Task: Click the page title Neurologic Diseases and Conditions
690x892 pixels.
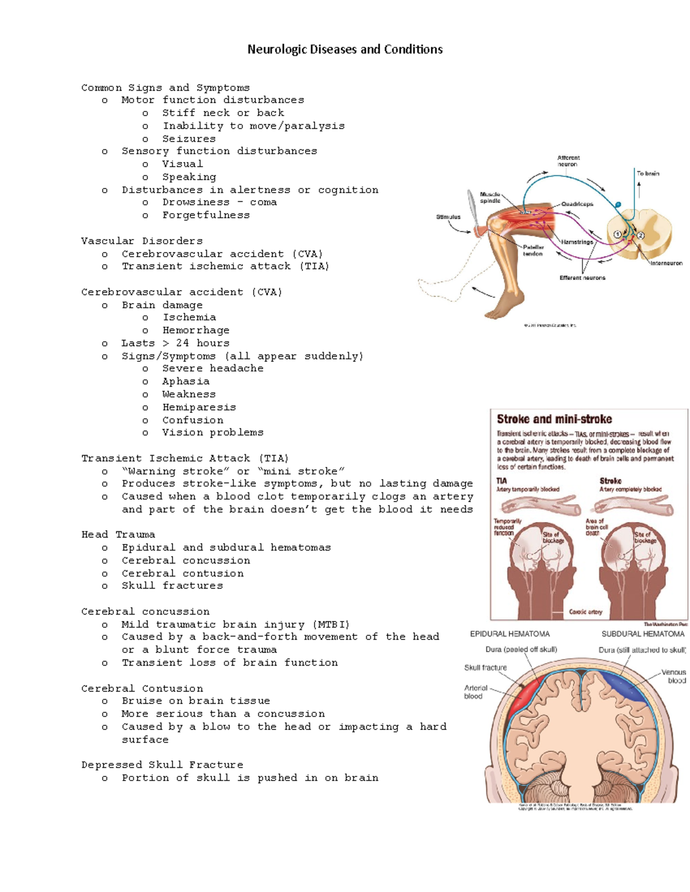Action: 345,49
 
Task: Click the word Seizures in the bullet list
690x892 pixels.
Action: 189,139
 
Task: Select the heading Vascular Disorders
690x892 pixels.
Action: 141,241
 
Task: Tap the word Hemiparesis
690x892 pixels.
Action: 199,407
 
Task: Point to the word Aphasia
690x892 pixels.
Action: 186,382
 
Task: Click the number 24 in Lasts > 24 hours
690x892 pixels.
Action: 182,343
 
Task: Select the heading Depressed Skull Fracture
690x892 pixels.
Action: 162,765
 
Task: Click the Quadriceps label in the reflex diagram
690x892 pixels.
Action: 577,204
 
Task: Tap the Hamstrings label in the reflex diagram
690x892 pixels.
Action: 577,242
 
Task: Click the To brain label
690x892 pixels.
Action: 647,173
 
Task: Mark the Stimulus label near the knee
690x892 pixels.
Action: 448,217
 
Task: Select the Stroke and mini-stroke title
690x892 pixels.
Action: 554,419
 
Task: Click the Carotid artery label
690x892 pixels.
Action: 585,612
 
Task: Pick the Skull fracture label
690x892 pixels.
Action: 485,667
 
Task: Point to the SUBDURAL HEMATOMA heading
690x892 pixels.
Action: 643,634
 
